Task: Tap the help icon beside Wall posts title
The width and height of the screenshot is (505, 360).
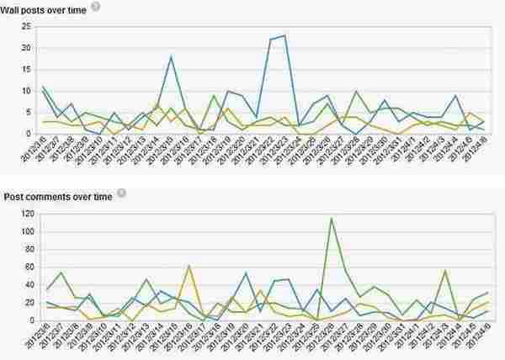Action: pyautogui.click(x=95, y=6)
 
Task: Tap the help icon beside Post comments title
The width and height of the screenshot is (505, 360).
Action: pyautogui.click(x=121, y=193)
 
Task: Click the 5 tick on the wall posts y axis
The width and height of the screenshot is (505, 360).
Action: pyautogui.click(x=29, y=113)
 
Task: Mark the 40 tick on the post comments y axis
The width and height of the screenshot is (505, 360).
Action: pyautogui.click(x=26, y=284)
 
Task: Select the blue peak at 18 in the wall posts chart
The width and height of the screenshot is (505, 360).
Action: pyautogui.click(x=171, y=57)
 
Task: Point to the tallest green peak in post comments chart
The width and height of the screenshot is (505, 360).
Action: pyautogui.click(x=331, y=219)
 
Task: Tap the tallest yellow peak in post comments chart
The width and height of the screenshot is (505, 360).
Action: pyautogui.click(x=189, y=266)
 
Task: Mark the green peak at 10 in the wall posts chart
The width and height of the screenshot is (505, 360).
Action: pyautogui.click(x=357, y=92)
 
